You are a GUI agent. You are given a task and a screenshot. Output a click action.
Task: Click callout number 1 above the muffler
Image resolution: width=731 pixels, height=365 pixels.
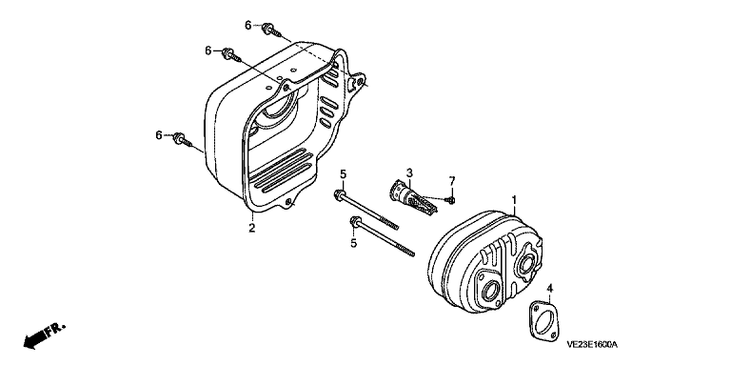pyautogui.click(x=514, y=200)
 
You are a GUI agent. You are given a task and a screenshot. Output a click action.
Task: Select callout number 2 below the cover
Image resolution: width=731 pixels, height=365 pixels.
pyautogui.click(x=251, y=228)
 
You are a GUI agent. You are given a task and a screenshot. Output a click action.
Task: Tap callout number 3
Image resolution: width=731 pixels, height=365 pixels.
pyautogui.click(x=409, y=173)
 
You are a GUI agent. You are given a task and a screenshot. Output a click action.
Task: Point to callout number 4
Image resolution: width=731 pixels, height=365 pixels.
pyautogui.click(x=549, y=288)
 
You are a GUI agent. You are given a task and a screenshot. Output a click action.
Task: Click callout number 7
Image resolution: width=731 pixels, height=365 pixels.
pyautogui.click(x=451, y=180)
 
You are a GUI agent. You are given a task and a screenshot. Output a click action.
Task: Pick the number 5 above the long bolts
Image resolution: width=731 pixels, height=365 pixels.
pyautogui.click(x=343, y=174)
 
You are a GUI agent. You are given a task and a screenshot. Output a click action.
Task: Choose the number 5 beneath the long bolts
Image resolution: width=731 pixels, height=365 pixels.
pyautogui.click(x=353, y=243)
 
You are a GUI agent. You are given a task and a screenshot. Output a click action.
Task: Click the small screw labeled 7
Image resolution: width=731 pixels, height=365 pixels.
pyautogui.click(x=451, y=200)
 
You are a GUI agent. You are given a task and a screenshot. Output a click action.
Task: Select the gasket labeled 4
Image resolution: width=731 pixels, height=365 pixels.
pyautogui.click(x=543, y=320)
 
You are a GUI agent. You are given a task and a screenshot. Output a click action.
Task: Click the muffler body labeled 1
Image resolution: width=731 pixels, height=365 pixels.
pyautogui.click(x=484, y=266)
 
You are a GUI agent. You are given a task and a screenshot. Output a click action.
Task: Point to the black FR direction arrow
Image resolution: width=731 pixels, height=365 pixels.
pyautogui.click(x=36, y=338)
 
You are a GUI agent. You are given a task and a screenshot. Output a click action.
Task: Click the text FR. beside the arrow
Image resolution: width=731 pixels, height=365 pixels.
pyautogui.click(x=57, y=329)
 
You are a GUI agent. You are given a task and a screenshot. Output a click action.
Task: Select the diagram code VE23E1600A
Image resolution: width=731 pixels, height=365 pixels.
pyautogui.click(x=592, y=345)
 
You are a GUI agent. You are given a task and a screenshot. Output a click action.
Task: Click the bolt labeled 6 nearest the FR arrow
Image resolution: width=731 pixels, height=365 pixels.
pyautogui.click(x=183, y=139)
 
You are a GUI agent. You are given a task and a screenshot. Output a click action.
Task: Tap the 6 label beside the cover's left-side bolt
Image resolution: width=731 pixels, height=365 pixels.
pyautogui.click(x=159, y=135)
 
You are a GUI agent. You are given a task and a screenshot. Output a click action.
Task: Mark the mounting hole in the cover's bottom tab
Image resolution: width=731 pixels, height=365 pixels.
pyautogui.click(x=288, y=202)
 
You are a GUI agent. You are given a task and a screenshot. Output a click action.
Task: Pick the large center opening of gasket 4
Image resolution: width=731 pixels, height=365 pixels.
pyautogui.click(x=543, y=321)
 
